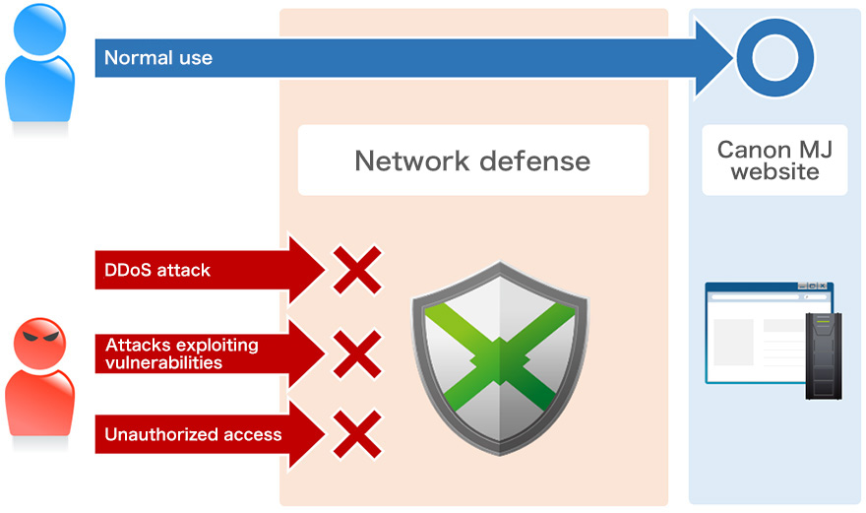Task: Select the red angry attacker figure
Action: click(x=40, y=379)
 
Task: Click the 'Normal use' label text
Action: click(x=158, y=58)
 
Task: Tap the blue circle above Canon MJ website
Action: click(x=775, y=58)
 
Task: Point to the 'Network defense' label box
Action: click(x=473, y=160)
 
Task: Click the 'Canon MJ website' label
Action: click(x=768, y=160)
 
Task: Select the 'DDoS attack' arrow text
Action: click(x=157, y=270)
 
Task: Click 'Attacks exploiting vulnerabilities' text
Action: click(x=181, y=353)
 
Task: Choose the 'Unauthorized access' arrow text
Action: click(x=193, y=434)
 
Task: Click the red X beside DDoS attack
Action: click(x=356, y=270)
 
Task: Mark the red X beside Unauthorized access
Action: click(x=356, y=434)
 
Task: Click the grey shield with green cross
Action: click(x=500, y=354)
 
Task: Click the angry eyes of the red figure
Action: click(x=40, y=338)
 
